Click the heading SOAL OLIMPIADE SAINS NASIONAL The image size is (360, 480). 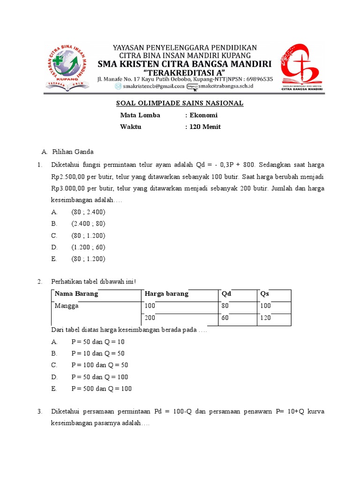180,104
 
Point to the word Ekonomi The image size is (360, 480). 203,115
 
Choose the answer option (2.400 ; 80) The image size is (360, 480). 89,224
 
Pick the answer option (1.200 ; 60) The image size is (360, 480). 89,247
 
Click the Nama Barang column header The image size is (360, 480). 76,294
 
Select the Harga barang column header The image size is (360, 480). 167,294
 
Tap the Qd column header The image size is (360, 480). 226,294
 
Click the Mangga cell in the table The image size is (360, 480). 67,306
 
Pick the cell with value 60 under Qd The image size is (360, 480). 226,318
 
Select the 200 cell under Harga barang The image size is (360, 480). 150,318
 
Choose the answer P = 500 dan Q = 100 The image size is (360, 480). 101,389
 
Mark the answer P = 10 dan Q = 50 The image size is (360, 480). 98,353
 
